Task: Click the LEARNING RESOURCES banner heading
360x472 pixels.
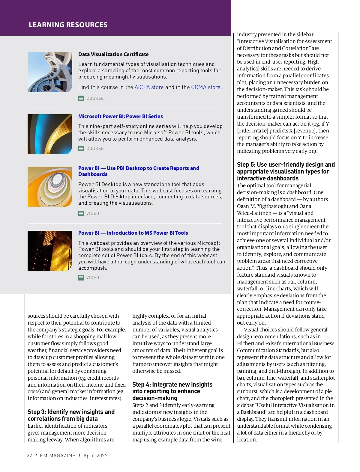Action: [x=68, y=25]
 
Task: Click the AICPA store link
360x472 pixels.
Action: [x=149, y=87]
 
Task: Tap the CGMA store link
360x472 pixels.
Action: [x=206, y=87]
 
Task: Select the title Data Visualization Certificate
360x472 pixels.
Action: [x=113, y=54]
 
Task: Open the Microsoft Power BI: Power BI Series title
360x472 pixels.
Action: [x=121, y=116]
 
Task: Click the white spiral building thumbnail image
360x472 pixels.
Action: [x=50, y=72]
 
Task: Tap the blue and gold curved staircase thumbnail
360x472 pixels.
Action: [x=50, y=134]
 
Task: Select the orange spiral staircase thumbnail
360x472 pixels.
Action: [x=50, y=187]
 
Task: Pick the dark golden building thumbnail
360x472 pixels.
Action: [x=50, y=251]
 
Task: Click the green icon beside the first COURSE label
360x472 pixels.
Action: [x=81, y=98]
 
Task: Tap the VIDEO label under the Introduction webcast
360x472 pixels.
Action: [x=93, y=278]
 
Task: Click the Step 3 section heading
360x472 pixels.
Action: [x=71, y=415]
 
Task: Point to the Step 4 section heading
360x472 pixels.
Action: [x=172, y=391]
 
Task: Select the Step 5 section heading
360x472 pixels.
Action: [x=286, y=171]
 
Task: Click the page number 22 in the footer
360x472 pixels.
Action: [x=29, y=456]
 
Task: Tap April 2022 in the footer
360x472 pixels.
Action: [x=95, y=456]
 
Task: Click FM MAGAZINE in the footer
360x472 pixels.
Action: [x=58, y=456]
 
